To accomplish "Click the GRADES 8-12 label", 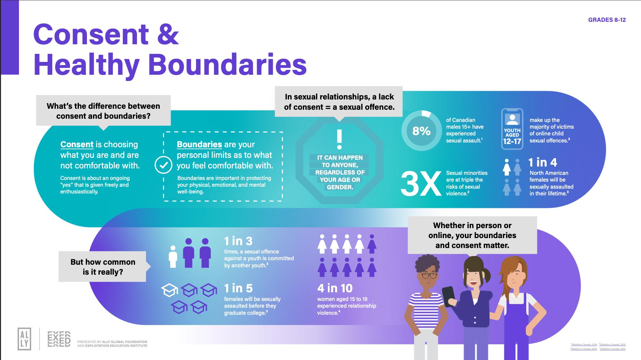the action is coord(607,20).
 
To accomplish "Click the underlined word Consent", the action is coord(77,144).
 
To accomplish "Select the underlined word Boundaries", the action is coord(199,144).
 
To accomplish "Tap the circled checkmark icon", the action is coord(164,165).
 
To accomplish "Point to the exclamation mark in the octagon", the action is coord(339,139).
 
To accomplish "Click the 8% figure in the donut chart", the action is coord(421,131).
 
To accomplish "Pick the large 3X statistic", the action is coord(421,184).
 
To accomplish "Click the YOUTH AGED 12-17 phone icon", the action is coord(512,129).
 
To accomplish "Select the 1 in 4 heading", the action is coord(543,162).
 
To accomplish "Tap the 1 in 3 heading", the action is coord(238,241).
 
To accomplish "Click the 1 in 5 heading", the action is coord(238,288).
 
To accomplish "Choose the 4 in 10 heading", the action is coord(335,288).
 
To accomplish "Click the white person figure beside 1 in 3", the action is coord(173,256).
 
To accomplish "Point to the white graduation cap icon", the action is coord(169,289).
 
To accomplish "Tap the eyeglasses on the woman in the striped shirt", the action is coord(429,275).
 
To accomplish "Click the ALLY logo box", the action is coord(24,339).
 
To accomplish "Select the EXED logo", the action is coord(59,339).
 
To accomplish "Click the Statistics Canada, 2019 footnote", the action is coord(584,345).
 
